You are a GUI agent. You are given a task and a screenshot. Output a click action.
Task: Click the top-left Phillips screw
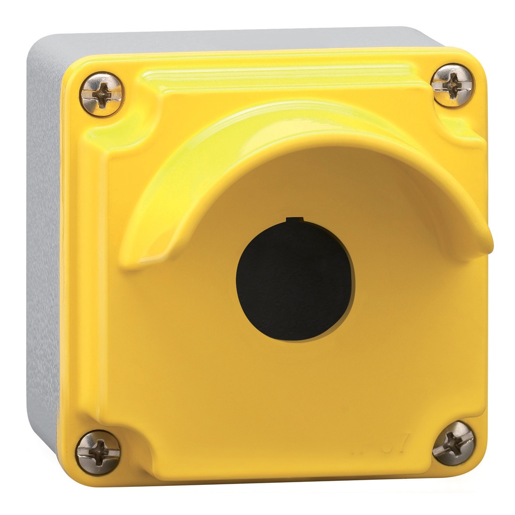coord(102,94)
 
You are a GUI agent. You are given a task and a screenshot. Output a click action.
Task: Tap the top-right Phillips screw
coord(452,85)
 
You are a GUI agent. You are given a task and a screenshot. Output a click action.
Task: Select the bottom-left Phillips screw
coord(98,452)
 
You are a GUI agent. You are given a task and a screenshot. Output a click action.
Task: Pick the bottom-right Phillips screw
coord(453,443)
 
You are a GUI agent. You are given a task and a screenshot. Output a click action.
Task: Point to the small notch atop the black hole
coord(295,220)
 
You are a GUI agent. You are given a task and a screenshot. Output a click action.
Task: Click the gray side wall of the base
coord(43,251)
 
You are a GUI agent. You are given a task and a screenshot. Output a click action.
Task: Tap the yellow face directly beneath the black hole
coord(295,382)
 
